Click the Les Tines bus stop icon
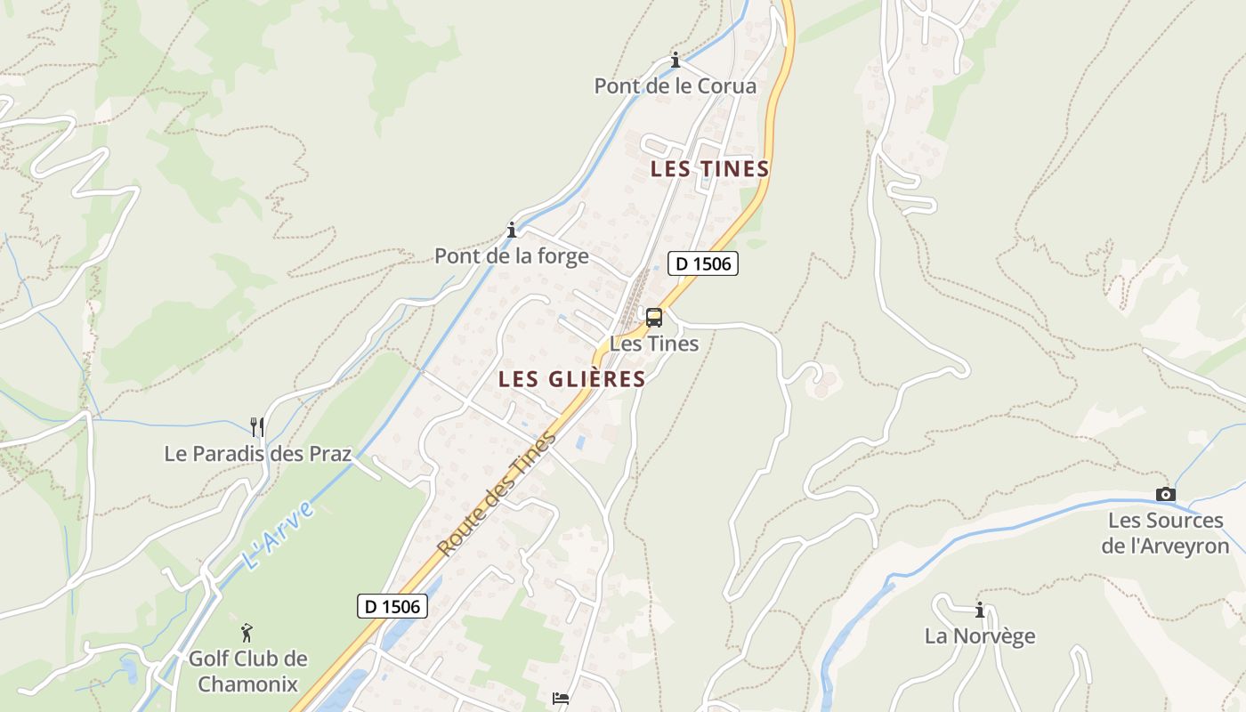point(654,318)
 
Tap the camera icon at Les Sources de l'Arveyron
point(1165,495)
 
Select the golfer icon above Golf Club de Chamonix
point(247,633)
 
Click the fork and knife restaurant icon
point(257,427)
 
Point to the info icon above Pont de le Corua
point(676,61)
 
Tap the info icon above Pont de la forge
point(512,231)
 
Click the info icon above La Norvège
point(980,611)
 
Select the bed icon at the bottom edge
point(561,699)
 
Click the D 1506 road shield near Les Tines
point(703,263)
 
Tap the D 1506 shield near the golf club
point(392,606)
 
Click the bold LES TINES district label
point(709,169)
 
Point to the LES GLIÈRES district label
point(571,379)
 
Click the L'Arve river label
point(278,535)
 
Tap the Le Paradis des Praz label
point(258,453)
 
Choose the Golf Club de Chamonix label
point(247,671)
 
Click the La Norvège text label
point(980,636)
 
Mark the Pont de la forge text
point(512,256)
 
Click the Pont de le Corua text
point(676,86)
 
